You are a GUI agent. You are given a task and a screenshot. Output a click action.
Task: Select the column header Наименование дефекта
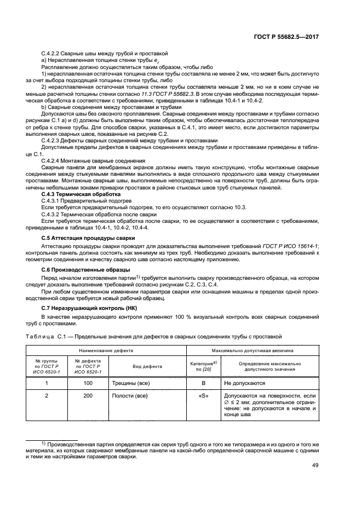click(x=105, y=349)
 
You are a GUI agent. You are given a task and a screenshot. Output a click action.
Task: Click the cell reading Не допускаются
click(x=244, y=384)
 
